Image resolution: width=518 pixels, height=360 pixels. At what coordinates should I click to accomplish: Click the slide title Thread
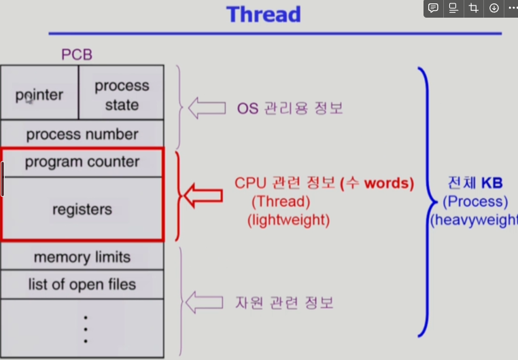coord(263,14)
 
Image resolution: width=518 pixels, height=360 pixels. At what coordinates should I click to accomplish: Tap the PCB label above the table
coord(77,54)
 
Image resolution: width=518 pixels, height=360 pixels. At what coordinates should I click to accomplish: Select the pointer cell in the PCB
coord(39,94)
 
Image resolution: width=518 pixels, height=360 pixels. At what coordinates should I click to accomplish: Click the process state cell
coord(122,95)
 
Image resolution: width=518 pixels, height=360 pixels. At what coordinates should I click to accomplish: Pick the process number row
coord(82,134)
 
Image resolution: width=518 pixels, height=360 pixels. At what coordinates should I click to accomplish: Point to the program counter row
coord(82,162)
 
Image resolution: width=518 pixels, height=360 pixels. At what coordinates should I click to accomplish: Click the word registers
coord(82,209)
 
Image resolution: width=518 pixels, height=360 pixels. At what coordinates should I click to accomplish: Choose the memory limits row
coord(82,257)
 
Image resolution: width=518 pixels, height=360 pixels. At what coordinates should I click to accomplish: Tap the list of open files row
coord(82,284)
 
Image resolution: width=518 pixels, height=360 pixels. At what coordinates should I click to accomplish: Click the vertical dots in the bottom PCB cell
coord(85,329)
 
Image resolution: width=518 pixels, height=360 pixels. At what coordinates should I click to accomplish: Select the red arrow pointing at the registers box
coord(204,195)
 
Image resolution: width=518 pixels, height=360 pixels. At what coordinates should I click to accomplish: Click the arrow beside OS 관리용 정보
coord(206,107)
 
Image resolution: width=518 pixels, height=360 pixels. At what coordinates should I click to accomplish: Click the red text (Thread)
coord(281,202)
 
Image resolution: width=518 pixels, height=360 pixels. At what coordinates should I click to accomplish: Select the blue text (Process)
coord(475,202)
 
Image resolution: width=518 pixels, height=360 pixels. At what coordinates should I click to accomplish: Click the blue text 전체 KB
coord(474,183)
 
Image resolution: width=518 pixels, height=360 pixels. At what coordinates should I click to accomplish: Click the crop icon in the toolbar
coord(474,8)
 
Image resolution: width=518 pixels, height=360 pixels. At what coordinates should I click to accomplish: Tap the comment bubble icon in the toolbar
coord(433,8)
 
